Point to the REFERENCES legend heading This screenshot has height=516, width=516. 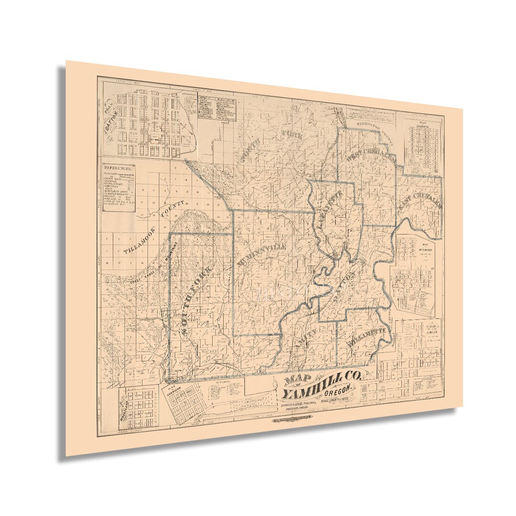pyautogui.click(x=118, y=168)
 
